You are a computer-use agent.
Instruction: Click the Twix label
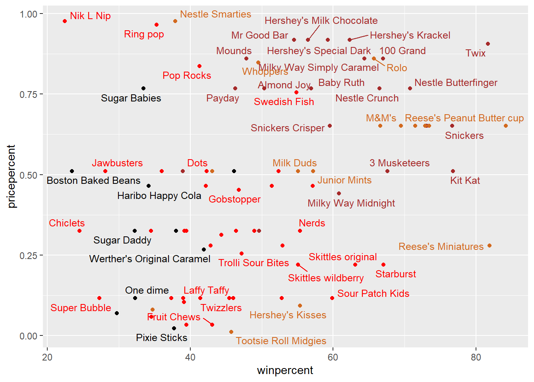(475, 53)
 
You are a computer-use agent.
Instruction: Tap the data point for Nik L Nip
(65, 21)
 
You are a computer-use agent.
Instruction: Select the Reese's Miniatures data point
(489, 246)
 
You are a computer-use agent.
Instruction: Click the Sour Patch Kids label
(373, 294)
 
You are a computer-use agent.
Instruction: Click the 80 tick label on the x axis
(476, 357)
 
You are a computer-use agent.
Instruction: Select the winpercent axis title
(285, 370)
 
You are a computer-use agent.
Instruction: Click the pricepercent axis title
(11, 176)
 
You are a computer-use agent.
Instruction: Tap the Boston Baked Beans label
(93, 181)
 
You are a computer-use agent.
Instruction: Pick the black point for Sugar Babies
(143, 88)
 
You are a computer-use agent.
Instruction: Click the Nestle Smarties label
(215, 14)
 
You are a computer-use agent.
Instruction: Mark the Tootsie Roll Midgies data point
(231, 332)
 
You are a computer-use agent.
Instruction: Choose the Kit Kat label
(465, 181)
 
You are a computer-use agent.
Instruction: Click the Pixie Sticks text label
(161, 338)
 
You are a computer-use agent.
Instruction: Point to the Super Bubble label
(81, 308)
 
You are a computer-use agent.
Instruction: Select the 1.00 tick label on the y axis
(28, 14)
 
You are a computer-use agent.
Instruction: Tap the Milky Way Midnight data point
(339, 193)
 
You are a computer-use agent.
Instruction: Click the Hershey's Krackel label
(410, 35)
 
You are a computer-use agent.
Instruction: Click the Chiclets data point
(79, 231)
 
